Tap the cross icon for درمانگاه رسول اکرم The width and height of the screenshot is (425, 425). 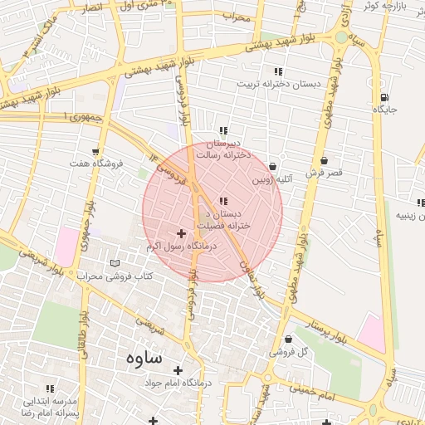click(x=182, y=234)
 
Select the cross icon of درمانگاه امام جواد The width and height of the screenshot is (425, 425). click(x=176, y=370)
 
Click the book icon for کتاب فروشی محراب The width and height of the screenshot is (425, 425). click(x=115, y=263)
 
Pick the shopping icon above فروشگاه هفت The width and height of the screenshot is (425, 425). click(x=96, y=152)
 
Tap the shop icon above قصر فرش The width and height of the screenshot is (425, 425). click(x=323, y=161)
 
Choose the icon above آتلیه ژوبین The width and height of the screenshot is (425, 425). click(x=273, y=167)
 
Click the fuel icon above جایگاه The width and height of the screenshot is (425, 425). click(x=383, y=96)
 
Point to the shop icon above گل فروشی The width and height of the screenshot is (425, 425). click(x=288, y=339)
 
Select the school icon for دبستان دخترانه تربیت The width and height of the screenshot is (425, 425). click(x=277, y=71)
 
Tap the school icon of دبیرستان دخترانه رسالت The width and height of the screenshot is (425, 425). click(x=223, y=130)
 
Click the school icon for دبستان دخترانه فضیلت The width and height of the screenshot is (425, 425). click(x=223, y=200)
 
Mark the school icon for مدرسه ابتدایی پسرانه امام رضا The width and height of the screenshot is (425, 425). click(x=50, y=388)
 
